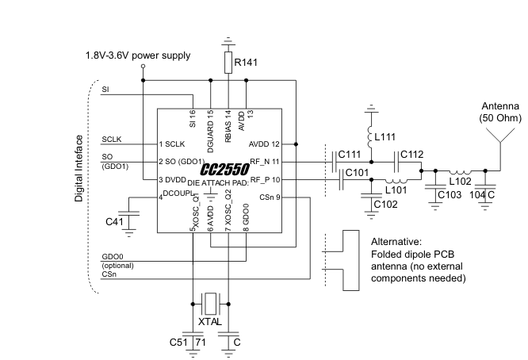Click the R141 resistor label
tap(247, 61)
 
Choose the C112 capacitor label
tap(413, 154)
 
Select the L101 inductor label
tap(396, 189)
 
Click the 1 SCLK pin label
tap(173, 144)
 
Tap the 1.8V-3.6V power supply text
tap(139, 56)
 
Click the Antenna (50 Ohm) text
tap(497, 112)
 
